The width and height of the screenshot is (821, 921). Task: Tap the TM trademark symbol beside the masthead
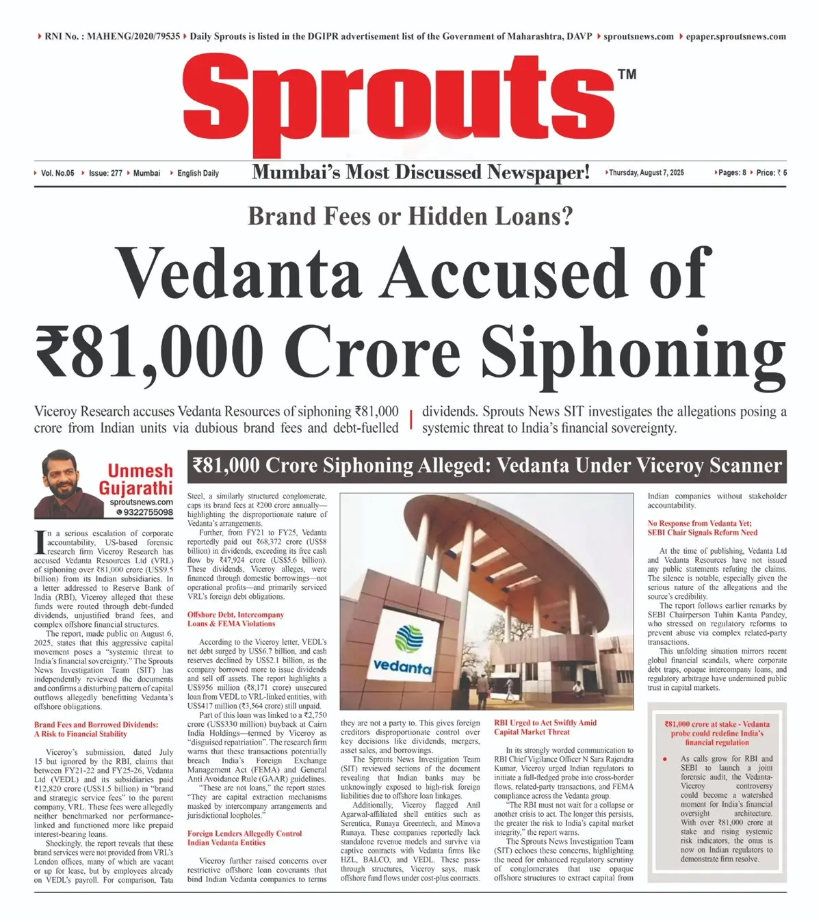(x=627, y=74)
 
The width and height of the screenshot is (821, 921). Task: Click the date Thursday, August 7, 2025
(x=646, y=173)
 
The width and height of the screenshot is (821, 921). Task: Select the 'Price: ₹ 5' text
(x=771, y=173)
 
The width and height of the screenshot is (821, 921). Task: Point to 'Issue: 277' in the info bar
(x=105, y=173)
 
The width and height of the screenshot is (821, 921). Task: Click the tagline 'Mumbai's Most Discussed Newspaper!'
(x=421, y=172)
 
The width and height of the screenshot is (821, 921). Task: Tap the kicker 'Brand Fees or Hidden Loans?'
(x=410, y=216)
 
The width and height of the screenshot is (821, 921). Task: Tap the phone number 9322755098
(x=147, y=512)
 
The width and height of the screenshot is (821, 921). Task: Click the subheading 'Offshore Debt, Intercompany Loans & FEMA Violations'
(x=235, y=619)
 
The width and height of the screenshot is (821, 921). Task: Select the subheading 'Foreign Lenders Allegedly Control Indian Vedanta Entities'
(x=244, y=838)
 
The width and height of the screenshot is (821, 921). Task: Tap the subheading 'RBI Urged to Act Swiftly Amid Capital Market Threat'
(x=545, y=727)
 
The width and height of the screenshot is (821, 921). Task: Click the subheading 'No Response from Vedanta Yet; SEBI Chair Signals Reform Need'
(x=703, y=528)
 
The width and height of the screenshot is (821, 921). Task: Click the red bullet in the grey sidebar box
(x=664, y=759)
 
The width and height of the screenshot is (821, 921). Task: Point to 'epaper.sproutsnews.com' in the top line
(x=735, y=36)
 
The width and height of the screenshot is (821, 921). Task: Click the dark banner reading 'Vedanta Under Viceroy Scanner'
(x=487, y=466)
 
